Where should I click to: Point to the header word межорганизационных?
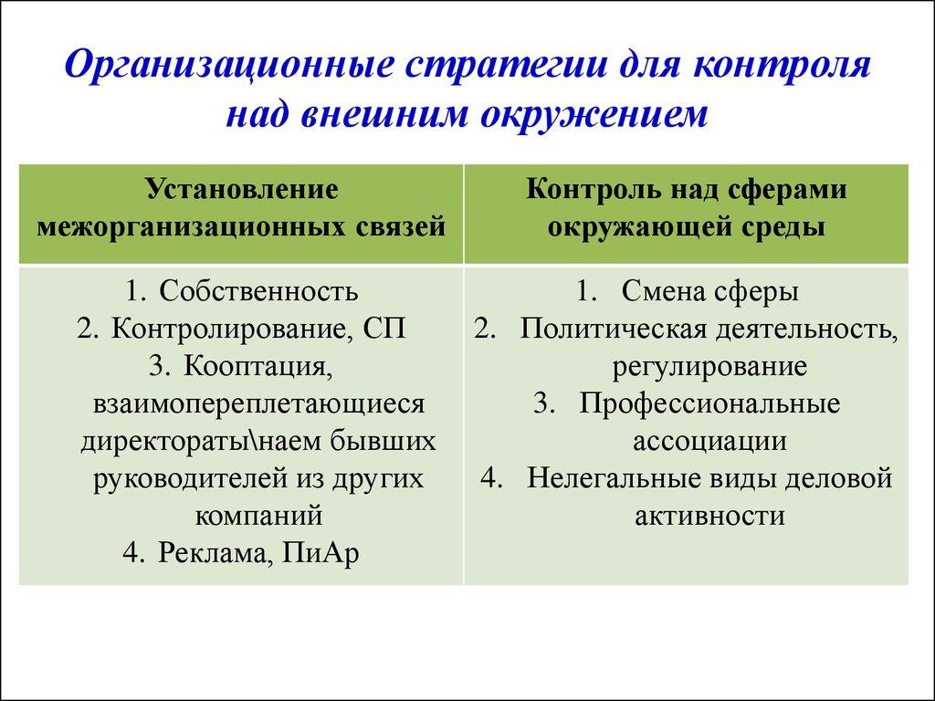(x=188, y=226)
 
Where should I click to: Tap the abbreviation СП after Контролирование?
(x=383, y=329)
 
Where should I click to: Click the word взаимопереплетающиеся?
(x=259, y=403)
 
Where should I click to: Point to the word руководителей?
(x=188, y=477)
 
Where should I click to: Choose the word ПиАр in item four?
(x=321, y=552)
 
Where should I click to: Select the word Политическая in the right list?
(x=604, y=329)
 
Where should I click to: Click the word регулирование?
(x=709, y=366)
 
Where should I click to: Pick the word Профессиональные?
(x=709, y=403)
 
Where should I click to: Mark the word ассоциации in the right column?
(x=709, y=441)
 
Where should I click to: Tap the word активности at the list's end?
(x=709, y=515)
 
